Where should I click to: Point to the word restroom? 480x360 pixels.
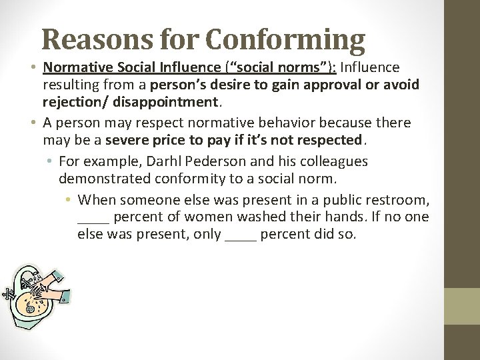(398, 199)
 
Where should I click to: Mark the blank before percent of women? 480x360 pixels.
(93, 218)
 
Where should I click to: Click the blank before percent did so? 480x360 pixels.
(241, 235)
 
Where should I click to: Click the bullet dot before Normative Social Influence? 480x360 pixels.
(34, 68)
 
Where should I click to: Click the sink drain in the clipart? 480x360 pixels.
(30, 309)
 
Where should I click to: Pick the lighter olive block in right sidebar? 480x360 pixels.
(462, 306)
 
